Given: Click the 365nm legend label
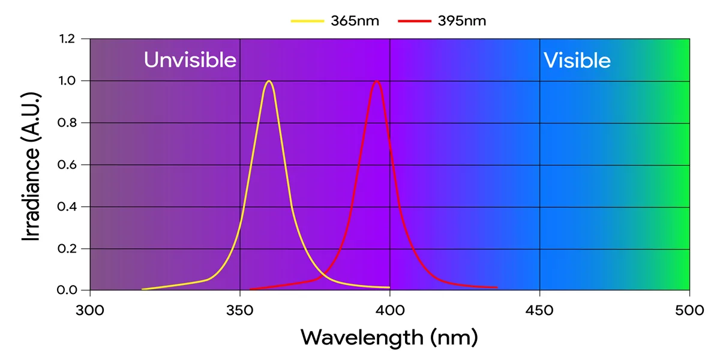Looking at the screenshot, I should pyautogui.click(x=355, y=20).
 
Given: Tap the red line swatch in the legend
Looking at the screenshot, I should pyautogui.click(x=414, y=20).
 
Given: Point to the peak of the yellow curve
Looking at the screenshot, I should pyautogui.click(x=269, y=80).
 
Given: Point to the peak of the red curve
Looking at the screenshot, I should pyautogui.click(x=377, y=80).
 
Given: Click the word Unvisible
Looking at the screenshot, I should pyautogui.click(x=190, y=60).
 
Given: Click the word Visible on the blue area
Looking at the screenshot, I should pyautogui.click(x=577, y=60).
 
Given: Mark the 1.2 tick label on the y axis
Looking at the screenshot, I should pyautogui.click(x=67, y=39).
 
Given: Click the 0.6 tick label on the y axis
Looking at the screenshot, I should pyautogui.click(x=67, y=165).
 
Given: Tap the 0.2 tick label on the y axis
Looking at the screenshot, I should pyautogui.click(x=67, y=248).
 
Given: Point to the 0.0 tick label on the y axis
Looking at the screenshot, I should pyautogui.click(x=67, y=290).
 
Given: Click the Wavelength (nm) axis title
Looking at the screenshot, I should pyautogui.click(x=389, y=337).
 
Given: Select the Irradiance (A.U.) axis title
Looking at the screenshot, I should pyautogui.click(x=31, y=165).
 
